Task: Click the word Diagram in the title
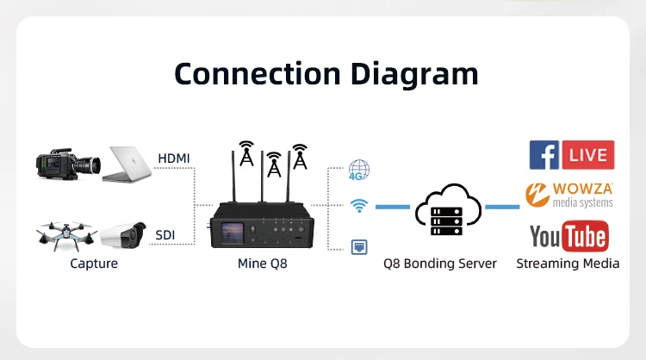(414, 73)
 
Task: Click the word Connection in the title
(258, 73)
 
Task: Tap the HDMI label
(174, 158)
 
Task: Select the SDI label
(165, 234)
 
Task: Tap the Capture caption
(94, 264)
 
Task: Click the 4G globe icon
(359, 170)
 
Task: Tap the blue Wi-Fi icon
(359, 206)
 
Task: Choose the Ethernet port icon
(359, 246)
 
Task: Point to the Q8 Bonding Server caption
(440, 264)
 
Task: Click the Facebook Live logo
(571, 155)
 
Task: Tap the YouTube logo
(568, 235)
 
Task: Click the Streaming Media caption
(568, 264)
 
